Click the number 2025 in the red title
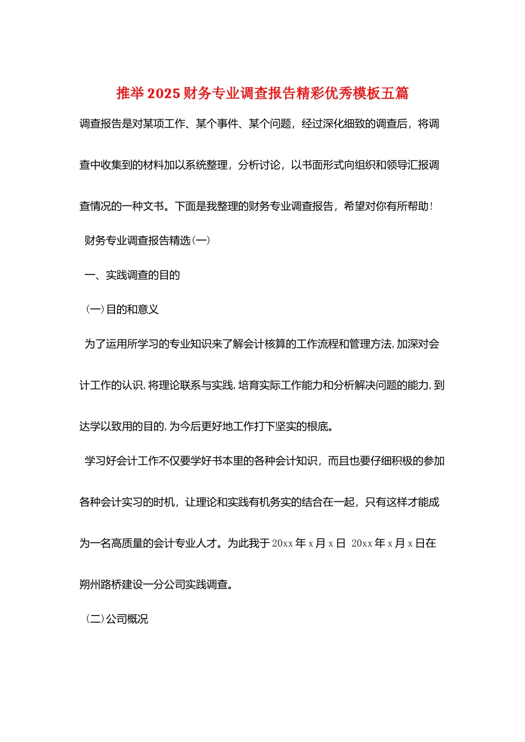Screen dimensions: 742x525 point(164,93)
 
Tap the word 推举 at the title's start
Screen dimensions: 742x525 point(130,93)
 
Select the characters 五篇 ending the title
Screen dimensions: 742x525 point(395,93)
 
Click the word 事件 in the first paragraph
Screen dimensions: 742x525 point(217,124)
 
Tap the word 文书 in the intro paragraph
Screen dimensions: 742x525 point(154,206)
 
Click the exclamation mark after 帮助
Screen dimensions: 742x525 point(431,206)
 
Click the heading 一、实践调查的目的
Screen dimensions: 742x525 point(132,275)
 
